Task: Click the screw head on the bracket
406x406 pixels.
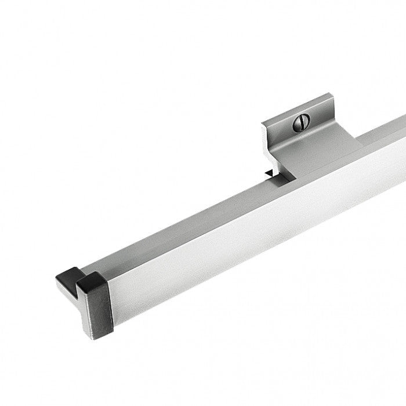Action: (x=302, y=121)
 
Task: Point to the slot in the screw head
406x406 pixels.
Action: (x=302, y=121)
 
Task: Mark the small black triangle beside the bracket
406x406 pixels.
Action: (x=268, y=173)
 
